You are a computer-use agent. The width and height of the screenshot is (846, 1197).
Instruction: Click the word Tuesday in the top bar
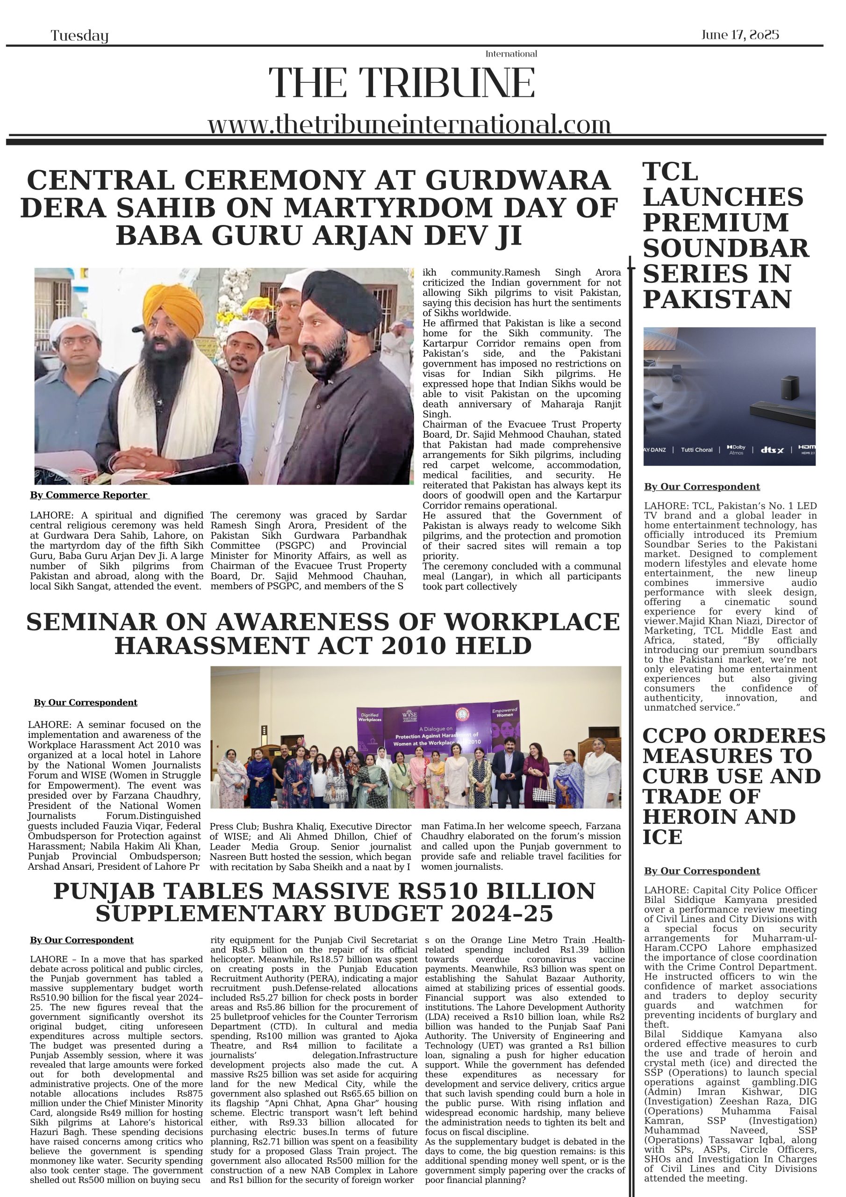[79, 36]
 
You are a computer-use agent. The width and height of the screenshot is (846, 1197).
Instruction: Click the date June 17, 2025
[739, 35]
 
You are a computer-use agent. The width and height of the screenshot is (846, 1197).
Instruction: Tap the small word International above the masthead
[511, 54]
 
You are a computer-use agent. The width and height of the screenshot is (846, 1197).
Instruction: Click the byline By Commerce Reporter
[89, 495]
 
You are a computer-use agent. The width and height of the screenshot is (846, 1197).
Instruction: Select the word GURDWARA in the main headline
[517, 180]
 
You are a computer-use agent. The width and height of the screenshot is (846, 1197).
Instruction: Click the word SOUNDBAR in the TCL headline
[725, 248]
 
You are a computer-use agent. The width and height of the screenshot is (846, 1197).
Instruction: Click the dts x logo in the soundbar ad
[772, 449]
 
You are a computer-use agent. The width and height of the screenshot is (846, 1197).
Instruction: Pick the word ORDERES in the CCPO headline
[769, 736]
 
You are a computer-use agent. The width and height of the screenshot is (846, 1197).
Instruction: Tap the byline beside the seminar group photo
[86, 703]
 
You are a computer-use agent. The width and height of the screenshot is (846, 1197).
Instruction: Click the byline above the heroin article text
[702, 871]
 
